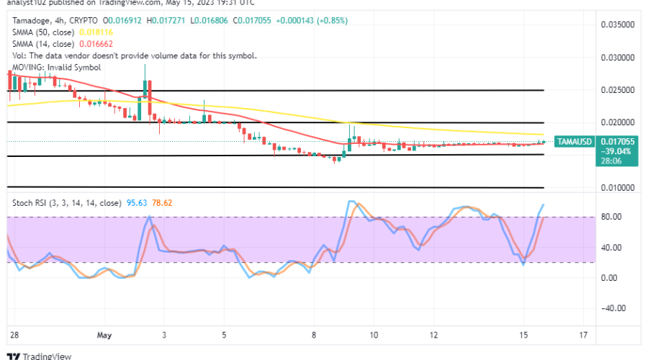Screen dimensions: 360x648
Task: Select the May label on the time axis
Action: click(x=104, y=336)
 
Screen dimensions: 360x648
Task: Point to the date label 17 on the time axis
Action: click(x=583, y=336)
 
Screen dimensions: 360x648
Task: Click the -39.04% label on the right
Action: click(x=579, y=152)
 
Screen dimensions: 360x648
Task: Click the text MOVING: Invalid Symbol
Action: click(x=56, y=67)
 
